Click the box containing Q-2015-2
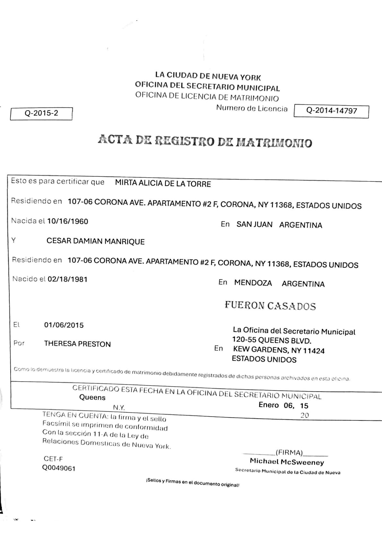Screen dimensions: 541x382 tap(41, 113)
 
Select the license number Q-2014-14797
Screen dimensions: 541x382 tap(331, 111)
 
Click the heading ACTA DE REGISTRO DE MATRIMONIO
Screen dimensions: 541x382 tap(205, 141)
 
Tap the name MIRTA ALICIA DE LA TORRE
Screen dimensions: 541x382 tap(163, 184)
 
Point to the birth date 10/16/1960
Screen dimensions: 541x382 tap(67, 221)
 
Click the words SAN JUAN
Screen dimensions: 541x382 tap(254, 225)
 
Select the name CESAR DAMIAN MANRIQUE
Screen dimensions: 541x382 tap(95, 241)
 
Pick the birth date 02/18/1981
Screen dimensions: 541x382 tap(67, 279)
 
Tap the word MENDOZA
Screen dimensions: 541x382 tap(253, 283)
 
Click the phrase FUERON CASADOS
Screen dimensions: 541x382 tap(270, 306)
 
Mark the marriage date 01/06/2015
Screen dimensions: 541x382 tap(64, 325)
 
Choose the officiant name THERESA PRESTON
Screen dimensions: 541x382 tap(77, 344)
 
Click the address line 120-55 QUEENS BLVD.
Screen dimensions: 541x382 tap(272, 341)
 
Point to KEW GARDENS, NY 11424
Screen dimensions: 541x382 tap(279, 350)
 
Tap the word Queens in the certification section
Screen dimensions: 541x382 tap(92, 397)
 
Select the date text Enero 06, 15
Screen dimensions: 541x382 tap(283, 405)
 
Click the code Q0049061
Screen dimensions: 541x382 tap(59, 468)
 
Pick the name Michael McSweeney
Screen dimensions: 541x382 tap(287, 462)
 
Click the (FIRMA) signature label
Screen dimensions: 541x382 tap(289, 453)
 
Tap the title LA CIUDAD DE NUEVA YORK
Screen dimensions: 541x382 tap(208, 76)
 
